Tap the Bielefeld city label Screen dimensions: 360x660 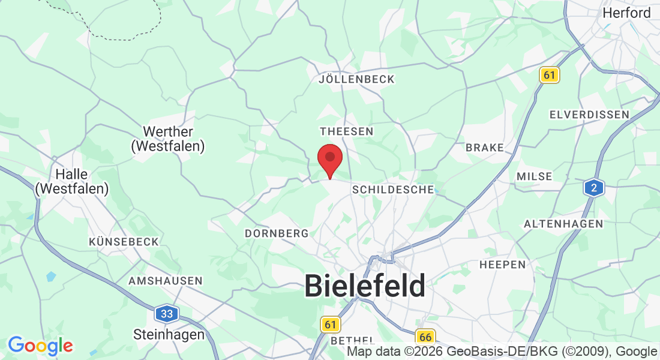(365, 286)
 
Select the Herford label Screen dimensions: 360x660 (626, 13)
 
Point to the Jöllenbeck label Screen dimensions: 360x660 (357, 79)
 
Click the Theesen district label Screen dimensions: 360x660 (347, 131)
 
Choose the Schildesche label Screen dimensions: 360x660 (393, 190)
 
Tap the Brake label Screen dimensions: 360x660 (485, 148)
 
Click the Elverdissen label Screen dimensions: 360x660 (589, 114)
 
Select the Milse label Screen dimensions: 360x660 (534, 176)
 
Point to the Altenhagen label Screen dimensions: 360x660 (563, 224)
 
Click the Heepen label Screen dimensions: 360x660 (502, 265)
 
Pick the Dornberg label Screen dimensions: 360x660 (277, 233)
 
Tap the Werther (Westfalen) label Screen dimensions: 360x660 (169, 139)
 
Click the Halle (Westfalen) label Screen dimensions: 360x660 (72, 181)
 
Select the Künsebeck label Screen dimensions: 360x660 (124, 242)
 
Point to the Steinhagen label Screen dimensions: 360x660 (169, 334)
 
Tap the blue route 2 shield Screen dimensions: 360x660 (594, 188)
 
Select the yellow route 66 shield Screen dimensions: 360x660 (425, 337)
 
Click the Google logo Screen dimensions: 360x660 (40, 346)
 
